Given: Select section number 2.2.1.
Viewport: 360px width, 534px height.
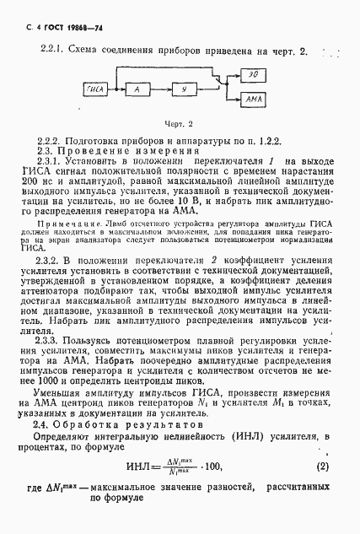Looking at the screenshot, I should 53,51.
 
